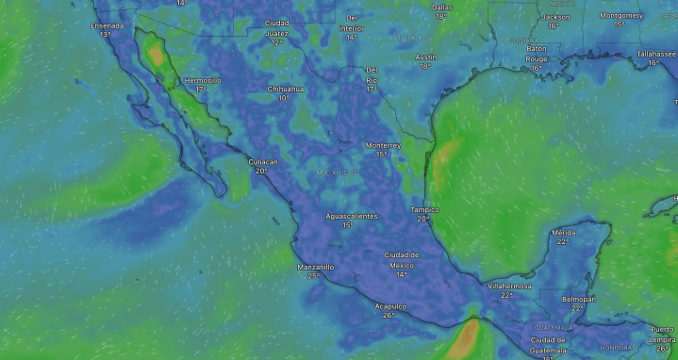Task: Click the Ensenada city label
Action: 107,25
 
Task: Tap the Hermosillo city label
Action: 202,80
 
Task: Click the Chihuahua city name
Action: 286,89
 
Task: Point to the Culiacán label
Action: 263,161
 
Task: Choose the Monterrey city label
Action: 384,145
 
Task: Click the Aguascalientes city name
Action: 351,216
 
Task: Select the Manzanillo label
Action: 315,267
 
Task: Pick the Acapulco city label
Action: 389,305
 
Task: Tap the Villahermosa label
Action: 509,286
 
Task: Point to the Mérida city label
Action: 564,232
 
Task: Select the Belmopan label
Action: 578,298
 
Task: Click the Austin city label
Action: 425,57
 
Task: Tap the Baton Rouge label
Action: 537,54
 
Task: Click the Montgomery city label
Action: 620,15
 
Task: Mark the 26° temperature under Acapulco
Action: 389,315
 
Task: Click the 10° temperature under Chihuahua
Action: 283,98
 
